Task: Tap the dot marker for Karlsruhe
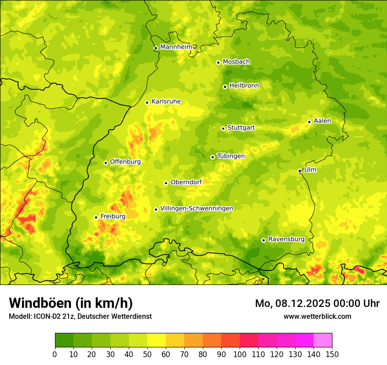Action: (x=147, y=102)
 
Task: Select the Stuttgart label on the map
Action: (x=241, y=128)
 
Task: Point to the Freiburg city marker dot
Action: (x=96, y=217)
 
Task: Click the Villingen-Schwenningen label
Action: (x=197, y=208)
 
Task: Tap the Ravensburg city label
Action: (x=286, y=239)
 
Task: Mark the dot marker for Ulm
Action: (x=299, y=171)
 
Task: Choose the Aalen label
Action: (x=322, y=121)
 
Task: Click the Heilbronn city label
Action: (x=244, y=86)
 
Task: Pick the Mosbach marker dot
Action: (x=218, y=62)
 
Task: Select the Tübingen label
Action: (x=230, y=156)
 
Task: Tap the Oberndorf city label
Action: (x=186, y=182)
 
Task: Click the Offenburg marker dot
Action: (x=106, y=163)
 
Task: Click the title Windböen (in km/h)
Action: (x=71, y=303)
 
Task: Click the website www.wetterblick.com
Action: (x=317, y=316)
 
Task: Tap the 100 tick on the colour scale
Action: (x=240, y=354)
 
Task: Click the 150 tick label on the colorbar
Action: (x=332, y=354)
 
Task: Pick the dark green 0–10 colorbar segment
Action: (x=64, y=340)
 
